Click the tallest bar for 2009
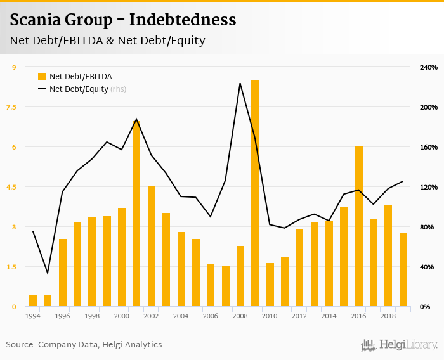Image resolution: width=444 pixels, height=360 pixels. coord(255,193)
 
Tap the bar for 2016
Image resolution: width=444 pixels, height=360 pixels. coord(359,226)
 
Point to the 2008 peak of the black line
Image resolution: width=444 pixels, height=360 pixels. coord(240,83)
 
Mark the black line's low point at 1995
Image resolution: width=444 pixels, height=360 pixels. coord(48,273)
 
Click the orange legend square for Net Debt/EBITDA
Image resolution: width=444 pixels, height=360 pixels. coord(42,77)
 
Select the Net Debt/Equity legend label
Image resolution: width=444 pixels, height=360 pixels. coord(79,89)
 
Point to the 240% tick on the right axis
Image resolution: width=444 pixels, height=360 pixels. coord(429,67)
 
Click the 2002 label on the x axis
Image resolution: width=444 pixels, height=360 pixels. coord(151,316)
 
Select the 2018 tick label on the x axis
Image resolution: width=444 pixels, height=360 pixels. coord(388,316)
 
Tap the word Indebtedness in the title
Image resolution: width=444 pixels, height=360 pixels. coord(183,20)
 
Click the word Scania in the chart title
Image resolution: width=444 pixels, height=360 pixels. coord(36,20)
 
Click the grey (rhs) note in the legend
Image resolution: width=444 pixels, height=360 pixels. coord(119,89)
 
